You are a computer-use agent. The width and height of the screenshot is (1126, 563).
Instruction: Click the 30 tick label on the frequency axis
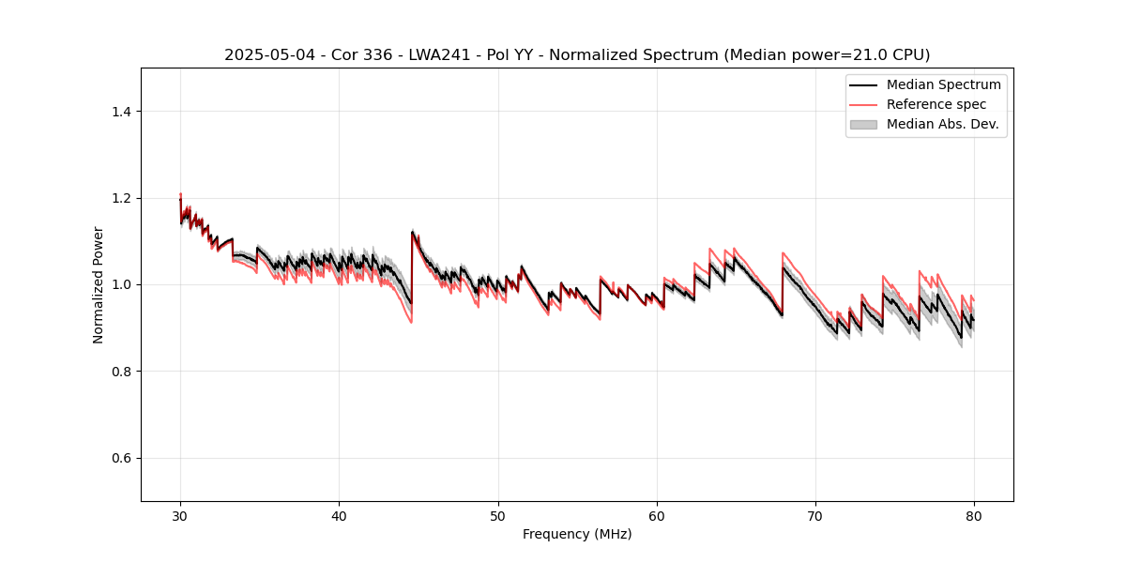pyautogui.click(x=180, y=516)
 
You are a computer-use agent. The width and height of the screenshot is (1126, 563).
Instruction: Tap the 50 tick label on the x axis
pyautogui.click(x=498, y=516)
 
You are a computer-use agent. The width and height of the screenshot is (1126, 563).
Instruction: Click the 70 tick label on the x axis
pyautogui.click(x=815, y=516)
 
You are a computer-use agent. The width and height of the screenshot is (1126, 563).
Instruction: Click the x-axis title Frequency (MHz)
pyautogui.click(x=577, y=535)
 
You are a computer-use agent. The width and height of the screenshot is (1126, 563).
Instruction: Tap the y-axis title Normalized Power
pyautogui.click(x=99, y=284)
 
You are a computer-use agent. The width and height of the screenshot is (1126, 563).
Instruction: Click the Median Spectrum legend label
pyautogui.click(x=943, y=84)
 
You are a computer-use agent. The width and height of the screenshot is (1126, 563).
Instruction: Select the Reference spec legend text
pyautogui.click(x=936, y=104)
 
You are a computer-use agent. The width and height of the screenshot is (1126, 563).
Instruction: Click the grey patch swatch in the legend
pyautogui.click(x=863, y=124)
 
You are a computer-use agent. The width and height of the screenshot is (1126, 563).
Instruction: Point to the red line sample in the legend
pyautogui.click(x=863, y=104)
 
